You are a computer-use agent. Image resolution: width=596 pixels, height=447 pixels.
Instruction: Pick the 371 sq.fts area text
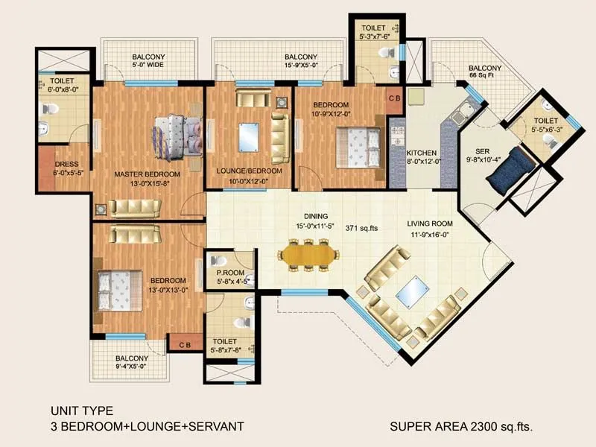click(x=361, y=229)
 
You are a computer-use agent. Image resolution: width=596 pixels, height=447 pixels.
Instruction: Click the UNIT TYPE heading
click(x=81, y=410)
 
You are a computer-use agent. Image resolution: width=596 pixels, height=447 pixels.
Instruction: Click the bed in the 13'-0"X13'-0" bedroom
click(x=118, y=284)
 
